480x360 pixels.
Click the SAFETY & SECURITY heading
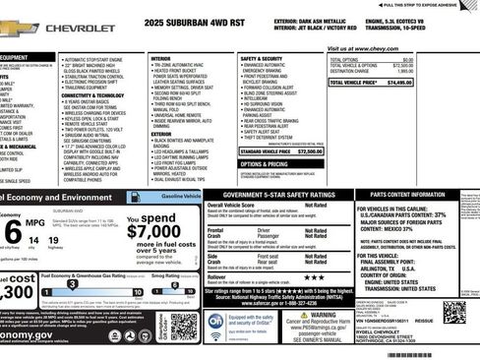[x=263, y=58]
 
